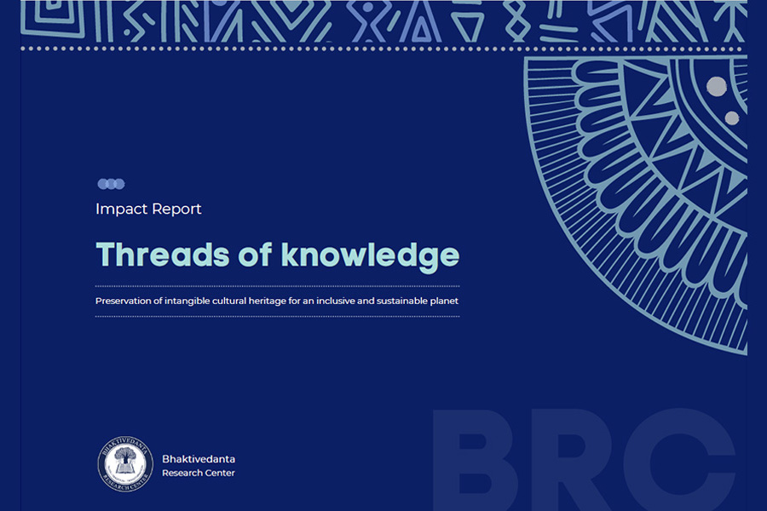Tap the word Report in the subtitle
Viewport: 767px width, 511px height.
click(176, 210)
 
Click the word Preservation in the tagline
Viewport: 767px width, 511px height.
click(124, 301)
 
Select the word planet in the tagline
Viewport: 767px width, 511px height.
click(444, 301)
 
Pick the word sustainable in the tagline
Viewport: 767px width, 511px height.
click(401, 301)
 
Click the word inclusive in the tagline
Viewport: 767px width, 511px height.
click(336, 301)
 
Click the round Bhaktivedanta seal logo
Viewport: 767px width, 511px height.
click(125, 464)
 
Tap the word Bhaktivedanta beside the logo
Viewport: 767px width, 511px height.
click(199, 459)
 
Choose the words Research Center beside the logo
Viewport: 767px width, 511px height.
click(199, 473)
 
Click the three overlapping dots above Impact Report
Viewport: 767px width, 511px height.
click(111, 184)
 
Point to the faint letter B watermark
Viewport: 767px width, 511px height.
click(475, 460)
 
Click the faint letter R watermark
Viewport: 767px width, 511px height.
click(570, 460)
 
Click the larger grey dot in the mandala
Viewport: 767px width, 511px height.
click(717, 86)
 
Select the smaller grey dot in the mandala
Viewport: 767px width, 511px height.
click(732, 118)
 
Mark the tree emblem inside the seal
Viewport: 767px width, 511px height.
click(124, 459)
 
